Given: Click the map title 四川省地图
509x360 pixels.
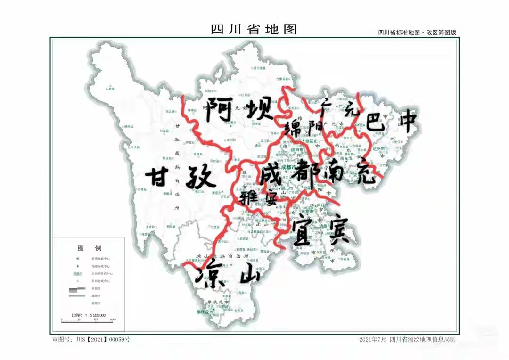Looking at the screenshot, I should (x=254, y=29).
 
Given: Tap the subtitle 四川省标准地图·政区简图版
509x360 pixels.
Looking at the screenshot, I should (x=417, y=33).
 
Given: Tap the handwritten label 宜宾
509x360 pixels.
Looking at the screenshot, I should (x=320, y=230).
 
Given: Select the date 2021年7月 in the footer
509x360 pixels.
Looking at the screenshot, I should (x=372, y=339).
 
